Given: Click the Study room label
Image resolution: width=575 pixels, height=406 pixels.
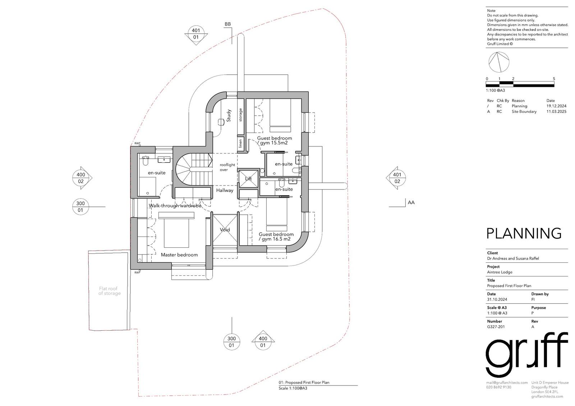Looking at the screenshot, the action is coord(229,116).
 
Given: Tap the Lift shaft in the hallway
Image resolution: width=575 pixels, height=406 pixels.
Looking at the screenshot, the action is coord(248,178).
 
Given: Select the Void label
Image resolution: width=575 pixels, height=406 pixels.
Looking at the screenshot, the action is coord(225,229).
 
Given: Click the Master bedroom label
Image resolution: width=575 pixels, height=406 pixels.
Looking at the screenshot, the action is coord(179,255).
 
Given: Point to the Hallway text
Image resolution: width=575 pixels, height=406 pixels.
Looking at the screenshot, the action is coord(225,190).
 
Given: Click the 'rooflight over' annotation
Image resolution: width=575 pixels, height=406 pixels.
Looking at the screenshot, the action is coord(227,167).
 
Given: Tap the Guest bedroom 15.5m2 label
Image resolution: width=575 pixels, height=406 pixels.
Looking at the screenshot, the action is coord(275,141).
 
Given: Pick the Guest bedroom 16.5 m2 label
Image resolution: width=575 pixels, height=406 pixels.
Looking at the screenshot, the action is coord(276,237).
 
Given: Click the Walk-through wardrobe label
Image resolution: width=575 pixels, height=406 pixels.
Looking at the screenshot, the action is coord(175,206).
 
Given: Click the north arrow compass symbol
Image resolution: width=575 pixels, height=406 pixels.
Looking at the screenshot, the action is coord(499,62).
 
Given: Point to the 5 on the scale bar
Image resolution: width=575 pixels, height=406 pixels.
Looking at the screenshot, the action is coord(554,79).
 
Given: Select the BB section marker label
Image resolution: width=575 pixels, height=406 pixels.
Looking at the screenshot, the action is coord(228,24).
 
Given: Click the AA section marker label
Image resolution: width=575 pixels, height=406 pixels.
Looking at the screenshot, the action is coord(411,202).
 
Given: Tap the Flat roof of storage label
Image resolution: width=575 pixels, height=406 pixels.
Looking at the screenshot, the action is coord(109,291).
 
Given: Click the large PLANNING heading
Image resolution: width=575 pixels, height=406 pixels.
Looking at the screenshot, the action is coord(524,233).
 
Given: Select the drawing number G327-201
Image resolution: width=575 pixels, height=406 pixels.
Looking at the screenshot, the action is coord(496,327).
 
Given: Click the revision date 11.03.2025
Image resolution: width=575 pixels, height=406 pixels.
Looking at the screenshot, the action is coord(556,112).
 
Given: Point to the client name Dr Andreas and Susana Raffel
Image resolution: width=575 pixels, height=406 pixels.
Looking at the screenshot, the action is coord(513,258).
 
